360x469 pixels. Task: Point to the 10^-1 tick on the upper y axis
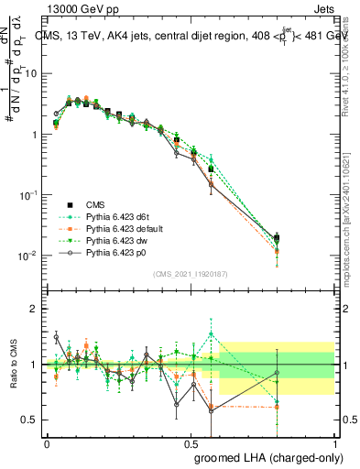[x=28, y=194]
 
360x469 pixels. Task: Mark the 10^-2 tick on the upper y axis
[x=28, y=255]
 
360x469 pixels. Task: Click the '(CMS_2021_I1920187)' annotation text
[x=190, y=274]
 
